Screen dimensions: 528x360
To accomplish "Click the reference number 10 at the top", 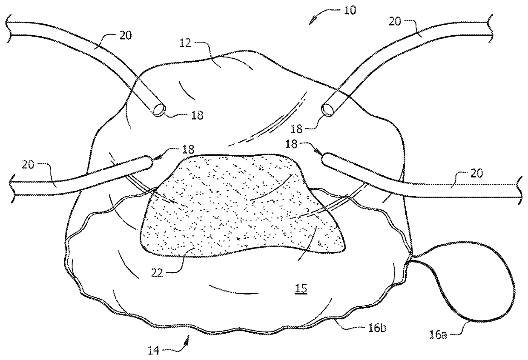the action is click(350, 10).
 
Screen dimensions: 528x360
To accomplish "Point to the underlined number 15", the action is click(301, 289).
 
